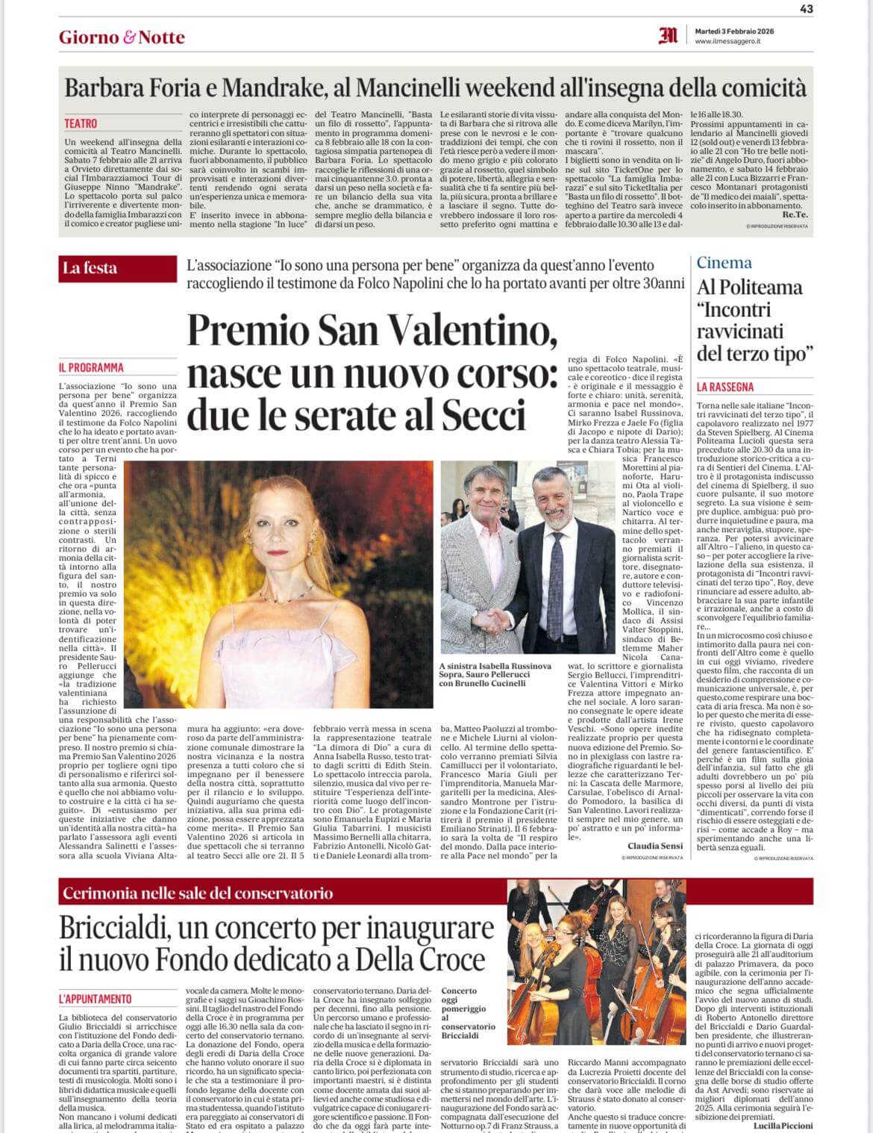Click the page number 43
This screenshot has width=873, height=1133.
tap(806, 9)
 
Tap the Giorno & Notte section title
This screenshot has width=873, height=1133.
tap(122, 37)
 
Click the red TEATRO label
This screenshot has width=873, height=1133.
tap(81, 124)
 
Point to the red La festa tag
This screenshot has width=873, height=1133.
tap(90, 268)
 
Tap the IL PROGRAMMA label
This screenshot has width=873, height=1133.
tap(91, 368)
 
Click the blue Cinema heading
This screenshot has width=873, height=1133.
tap(724, 262)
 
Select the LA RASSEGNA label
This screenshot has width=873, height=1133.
tap(725, 387)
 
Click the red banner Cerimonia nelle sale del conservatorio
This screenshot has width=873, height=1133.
tap(198, 893)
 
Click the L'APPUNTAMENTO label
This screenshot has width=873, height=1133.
tap(95, 999)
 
